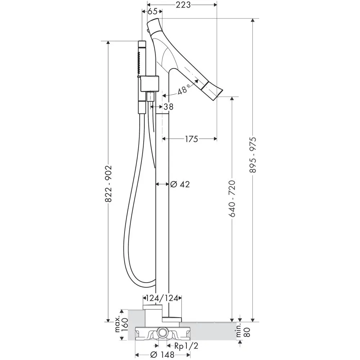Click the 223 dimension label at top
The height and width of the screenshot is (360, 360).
pos(183,5)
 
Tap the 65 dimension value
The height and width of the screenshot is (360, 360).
pos(152,11)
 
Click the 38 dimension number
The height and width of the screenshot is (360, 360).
pos(168,107)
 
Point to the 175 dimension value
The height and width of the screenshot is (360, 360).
pos(192,139)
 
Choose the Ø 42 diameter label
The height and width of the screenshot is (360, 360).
pos(180,184)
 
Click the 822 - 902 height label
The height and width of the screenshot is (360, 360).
pos(108,184)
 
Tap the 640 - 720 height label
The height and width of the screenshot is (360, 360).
pos(232,199)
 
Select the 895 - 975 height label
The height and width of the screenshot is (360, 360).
pos(253,155)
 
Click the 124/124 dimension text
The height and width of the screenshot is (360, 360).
pos(162,298)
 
